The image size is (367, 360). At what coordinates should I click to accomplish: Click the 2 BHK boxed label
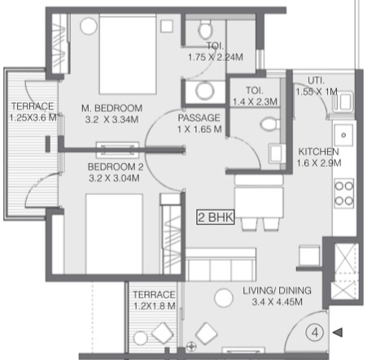point(216,217)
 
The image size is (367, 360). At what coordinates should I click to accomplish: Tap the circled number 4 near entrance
point(315,332)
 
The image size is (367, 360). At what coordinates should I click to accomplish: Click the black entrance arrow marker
point(338,332)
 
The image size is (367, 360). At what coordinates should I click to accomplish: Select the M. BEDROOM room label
point(111,108)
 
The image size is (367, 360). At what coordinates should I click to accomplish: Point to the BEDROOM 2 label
point(116,167)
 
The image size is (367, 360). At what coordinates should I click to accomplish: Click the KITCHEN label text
point(319,152)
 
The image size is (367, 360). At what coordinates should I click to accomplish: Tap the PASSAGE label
point(199,118)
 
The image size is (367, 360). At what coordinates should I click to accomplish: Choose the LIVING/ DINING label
point(277,291)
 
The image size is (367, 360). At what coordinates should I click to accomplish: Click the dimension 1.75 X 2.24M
point(216,58)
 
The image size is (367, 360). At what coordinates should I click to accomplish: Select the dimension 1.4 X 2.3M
point(255,102)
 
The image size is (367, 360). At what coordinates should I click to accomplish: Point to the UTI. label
point(316,80)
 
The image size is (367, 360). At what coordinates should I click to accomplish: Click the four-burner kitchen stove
point(344,193)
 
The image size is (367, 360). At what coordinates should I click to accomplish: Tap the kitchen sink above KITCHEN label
point(343,135)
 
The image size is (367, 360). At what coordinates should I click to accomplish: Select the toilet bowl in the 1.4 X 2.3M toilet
point(270,124)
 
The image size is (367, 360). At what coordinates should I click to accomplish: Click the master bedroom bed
point(128,54)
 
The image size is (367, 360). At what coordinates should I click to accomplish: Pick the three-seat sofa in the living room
point(221,264)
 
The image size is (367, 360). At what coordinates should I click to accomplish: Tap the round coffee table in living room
point(224,297)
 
